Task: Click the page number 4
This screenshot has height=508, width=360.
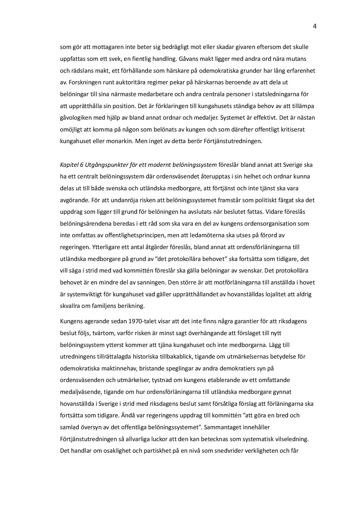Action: click(314, 27)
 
